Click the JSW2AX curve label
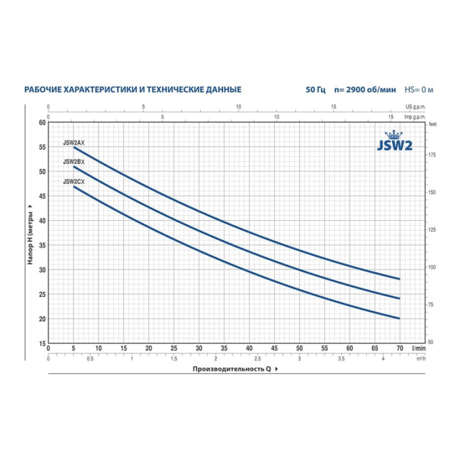pos(74,143)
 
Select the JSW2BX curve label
pos(74,162)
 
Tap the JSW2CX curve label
pos(74,181)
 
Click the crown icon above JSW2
pos(394,135)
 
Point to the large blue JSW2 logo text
pos(394,145)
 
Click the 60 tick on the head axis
pos(42,123)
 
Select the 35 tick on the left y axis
pos(42,245)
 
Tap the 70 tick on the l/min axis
pos(400,348)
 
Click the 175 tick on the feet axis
pos(432,155)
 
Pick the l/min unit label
pos(419,348)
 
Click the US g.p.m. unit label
pos(415,106)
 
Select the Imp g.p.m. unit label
pos(415,117)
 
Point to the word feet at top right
pos(432,124)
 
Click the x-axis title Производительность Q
pos(232,369)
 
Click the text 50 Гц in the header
pos(315,89)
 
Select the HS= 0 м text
pos(419,89)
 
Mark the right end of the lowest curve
pos(400,318)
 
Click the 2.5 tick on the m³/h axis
pos(258,359)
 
